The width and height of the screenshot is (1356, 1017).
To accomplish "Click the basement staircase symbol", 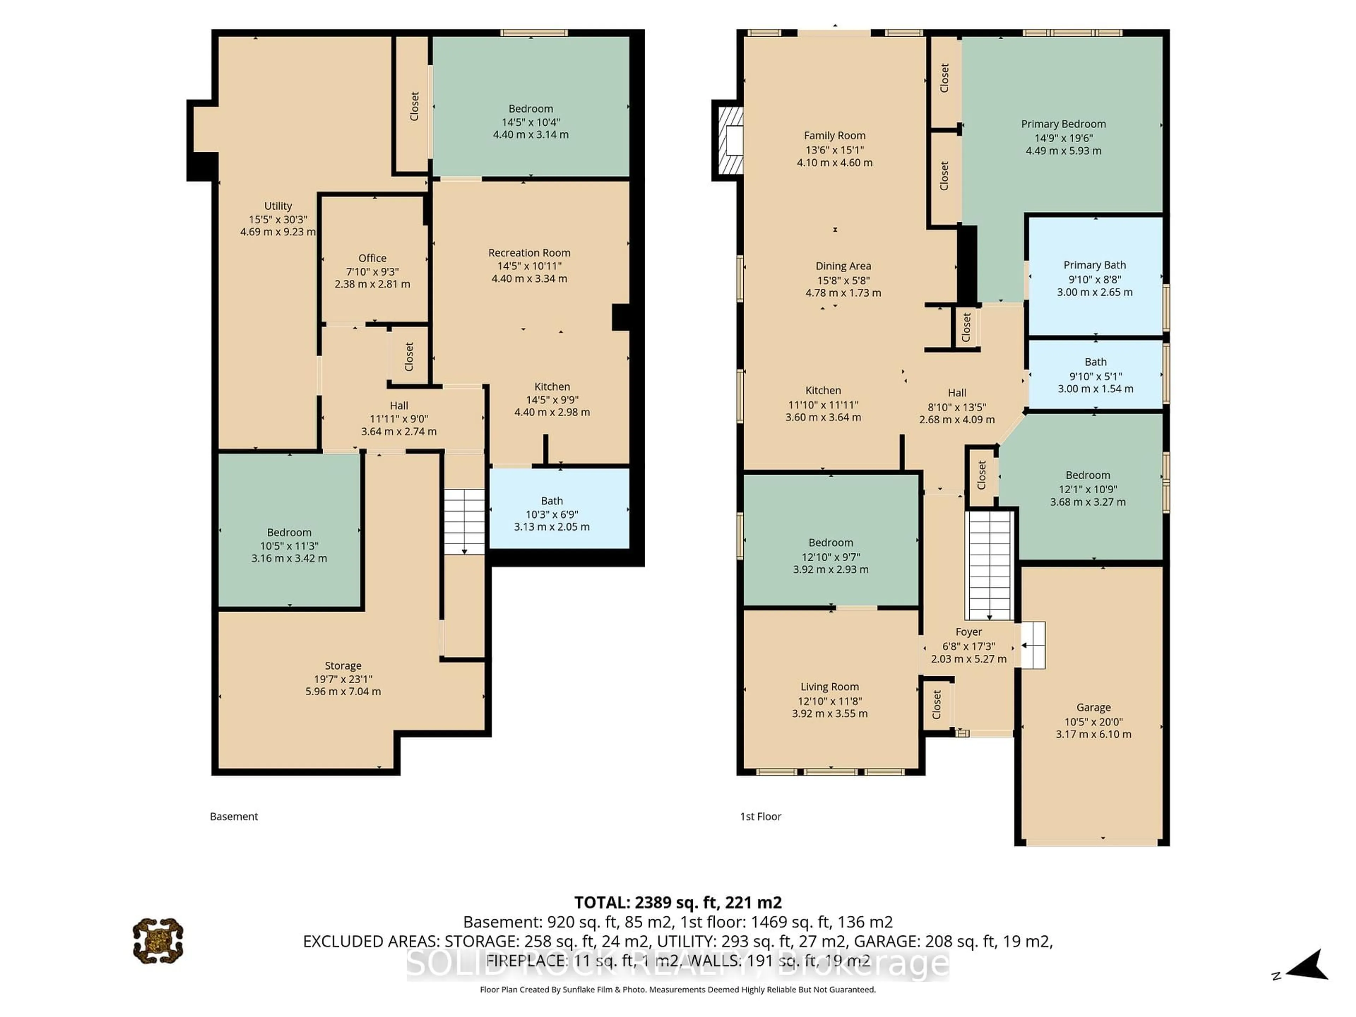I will [x=464, y=521].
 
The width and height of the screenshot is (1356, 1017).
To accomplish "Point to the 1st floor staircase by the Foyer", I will [x=988, y=565].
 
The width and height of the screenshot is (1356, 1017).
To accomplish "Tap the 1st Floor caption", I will [x=760, y=816].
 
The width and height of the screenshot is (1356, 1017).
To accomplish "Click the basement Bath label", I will [x=551, y=501].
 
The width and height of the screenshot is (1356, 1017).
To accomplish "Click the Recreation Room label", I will [x=529, y=252].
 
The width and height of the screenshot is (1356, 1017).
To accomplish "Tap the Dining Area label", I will [x=843, y=266].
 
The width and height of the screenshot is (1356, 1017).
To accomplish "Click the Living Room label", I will [x=829, y=686].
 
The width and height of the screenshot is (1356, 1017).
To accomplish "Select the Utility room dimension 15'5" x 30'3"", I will [x=278, y=219].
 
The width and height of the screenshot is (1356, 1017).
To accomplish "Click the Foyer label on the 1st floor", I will [x=969, y=632].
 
